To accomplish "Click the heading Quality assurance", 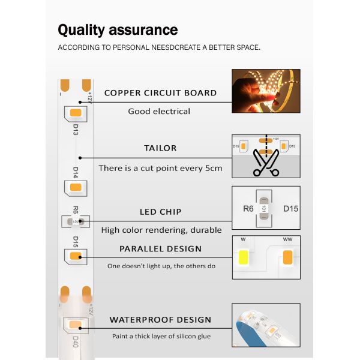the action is pos(118,30).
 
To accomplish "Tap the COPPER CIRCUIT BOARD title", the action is pos(160,93).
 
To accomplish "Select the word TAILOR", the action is pos(160,148).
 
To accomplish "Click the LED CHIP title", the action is pos(160,212).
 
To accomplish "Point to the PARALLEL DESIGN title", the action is pos(160,248).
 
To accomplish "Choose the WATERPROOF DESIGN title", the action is pos(160,320).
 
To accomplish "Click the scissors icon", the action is pos(266,163).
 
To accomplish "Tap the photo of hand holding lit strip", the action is pos(266,91).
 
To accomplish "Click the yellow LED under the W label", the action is pos(244,257).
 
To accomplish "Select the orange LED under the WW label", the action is pos(288,257).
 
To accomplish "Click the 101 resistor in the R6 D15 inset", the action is pos(264,208).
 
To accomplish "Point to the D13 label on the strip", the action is pos(76,130).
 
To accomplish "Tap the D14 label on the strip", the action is pos(76,172).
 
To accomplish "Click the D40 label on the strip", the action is pos(76,342).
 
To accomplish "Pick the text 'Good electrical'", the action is pos(159,112).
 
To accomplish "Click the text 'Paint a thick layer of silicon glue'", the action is pos(161,337).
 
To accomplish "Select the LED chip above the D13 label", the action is pos(76,113).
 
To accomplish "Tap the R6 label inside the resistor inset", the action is pos(248,209).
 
